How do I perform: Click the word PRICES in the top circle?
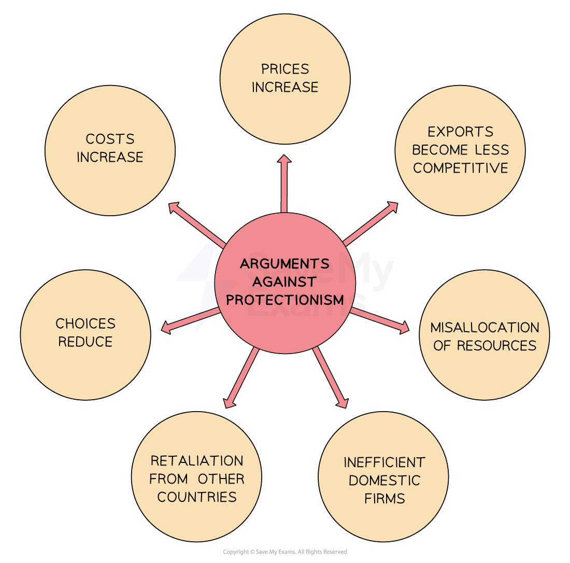tap(285, 69)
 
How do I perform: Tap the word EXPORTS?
tap(460, 132)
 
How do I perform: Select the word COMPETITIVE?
tap(460, 168)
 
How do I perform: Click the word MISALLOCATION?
tap(484, 328)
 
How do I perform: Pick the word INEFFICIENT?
tap(384, 462)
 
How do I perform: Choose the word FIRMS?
tap(384, 499)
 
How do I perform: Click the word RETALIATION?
tap(197, 461)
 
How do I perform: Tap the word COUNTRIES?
tap(197, 497)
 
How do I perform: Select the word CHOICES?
tap(85, 323)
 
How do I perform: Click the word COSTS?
tap(110, 139)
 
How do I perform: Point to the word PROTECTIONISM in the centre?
tap(285, 300)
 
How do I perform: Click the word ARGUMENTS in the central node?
tap(285, 264)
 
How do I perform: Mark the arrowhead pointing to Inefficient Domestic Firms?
tap(342, 403)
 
